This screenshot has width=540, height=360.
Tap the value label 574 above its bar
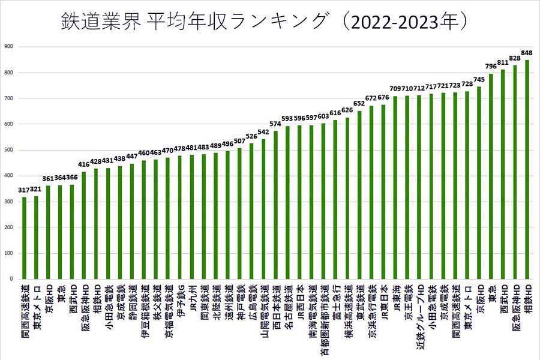pos(275,124)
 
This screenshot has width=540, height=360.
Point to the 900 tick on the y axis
pos(8,47)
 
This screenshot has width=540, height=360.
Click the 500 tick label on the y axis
pos(8,150)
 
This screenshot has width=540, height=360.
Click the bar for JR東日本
pos(383,192)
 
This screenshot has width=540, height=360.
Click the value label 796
pos(491,67)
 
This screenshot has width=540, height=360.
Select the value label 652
pos(359,104)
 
